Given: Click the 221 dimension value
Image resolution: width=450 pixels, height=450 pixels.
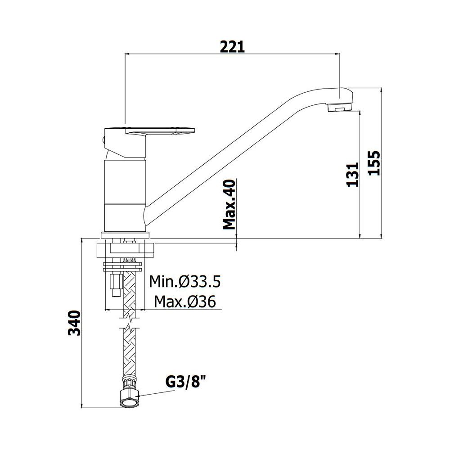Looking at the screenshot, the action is click(232, 47).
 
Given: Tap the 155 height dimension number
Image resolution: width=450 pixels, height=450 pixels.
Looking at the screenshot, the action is click(374, 163).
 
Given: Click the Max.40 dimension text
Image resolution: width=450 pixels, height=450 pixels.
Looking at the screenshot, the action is click(229, 205).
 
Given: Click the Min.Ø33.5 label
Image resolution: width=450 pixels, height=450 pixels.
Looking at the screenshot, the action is click(185, 282).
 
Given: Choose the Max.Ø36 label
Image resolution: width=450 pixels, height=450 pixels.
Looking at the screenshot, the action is click(185, 301).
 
